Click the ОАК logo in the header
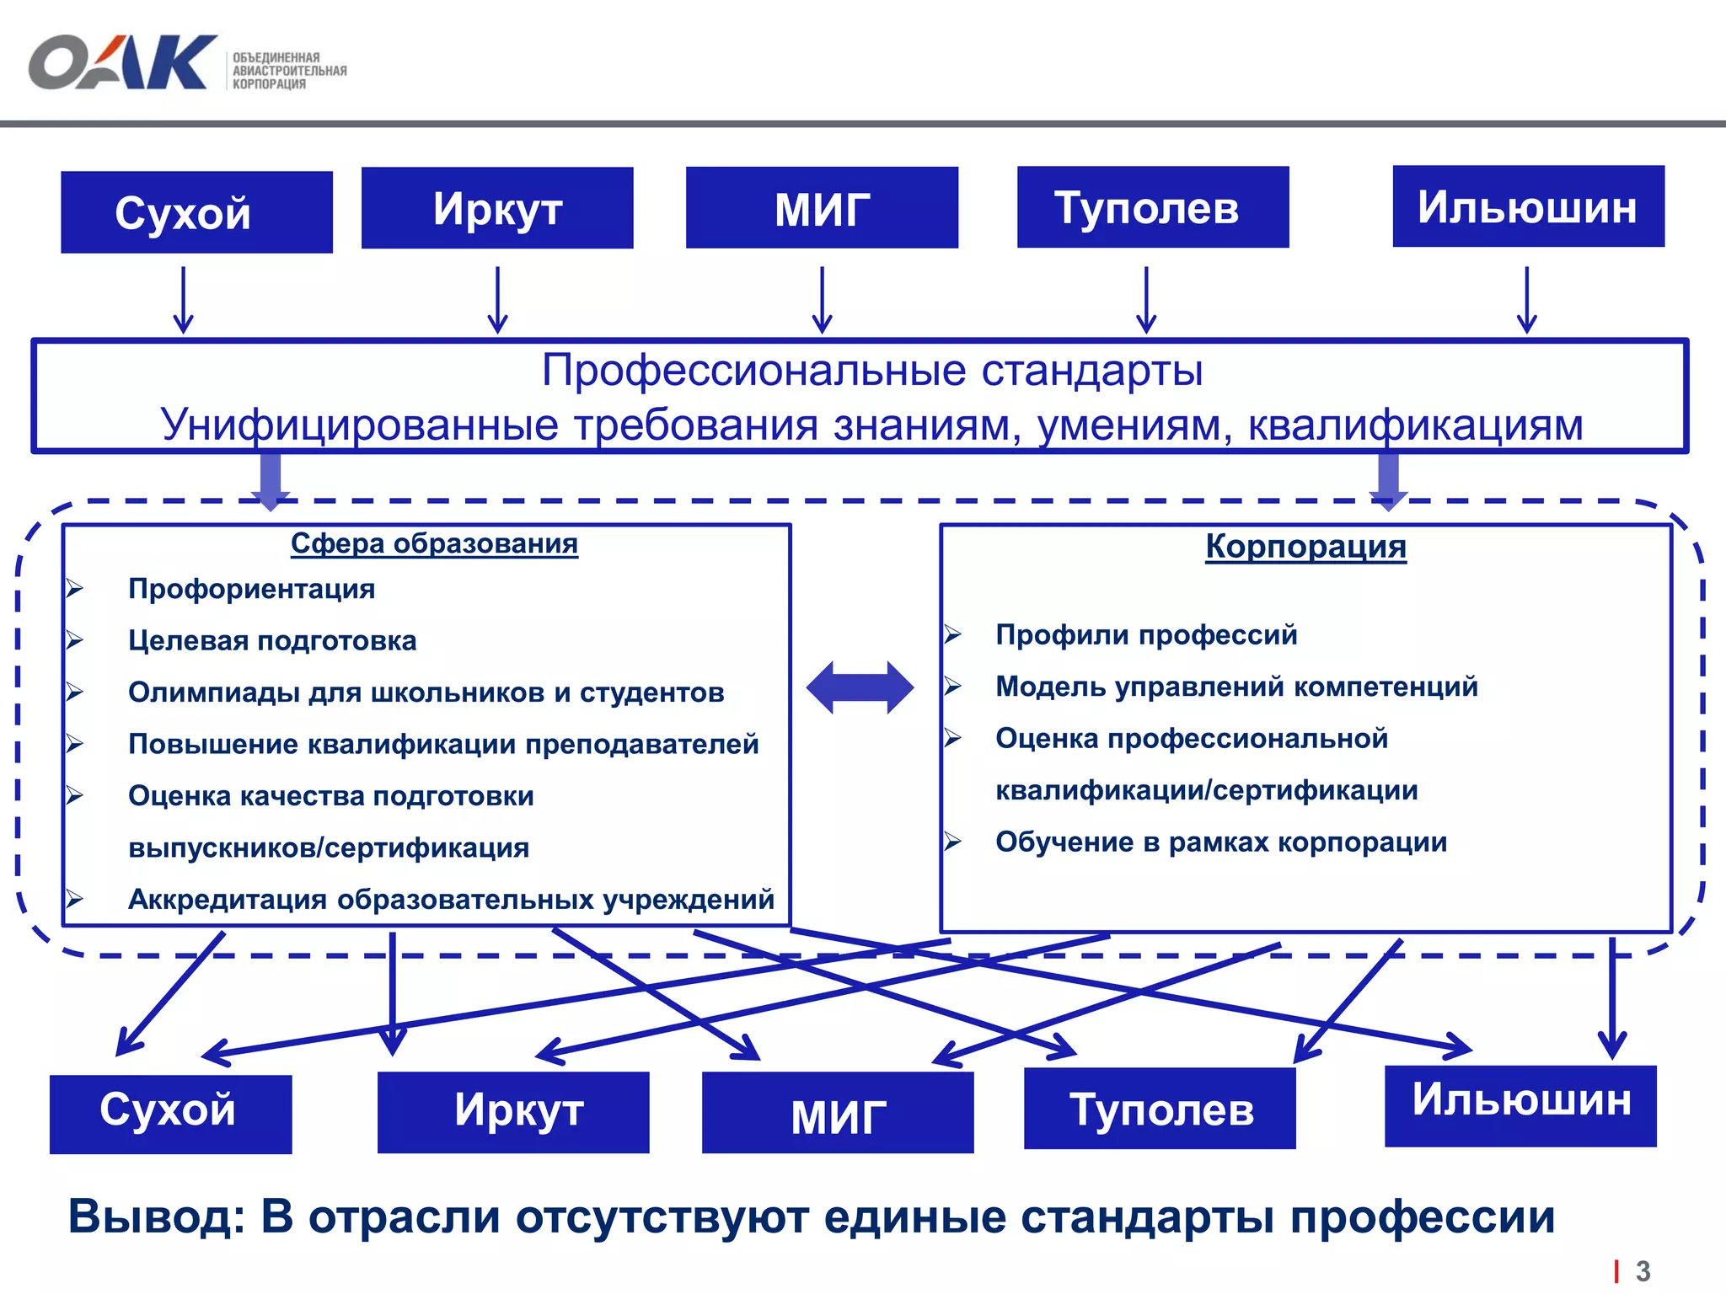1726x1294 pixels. (123, 62)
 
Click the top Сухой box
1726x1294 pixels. (196, 212)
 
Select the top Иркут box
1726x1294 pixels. (497, 208)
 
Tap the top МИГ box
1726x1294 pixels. (822, 208)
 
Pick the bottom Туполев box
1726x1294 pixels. (1160, 1109)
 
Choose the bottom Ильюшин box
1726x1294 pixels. (1520, 1106)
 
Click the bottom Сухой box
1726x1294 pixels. (171, 1114)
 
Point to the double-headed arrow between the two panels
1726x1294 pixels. (860, 687)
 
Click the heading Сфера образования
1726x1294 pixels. (434, 544)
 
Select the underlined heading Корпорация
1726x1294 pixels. (1305, 547)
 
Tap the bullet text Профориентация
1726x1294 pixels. (251, 589)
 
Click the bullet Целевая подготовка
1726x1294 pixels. (272, 641)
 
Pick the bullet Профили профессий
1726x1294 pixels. (1146, 635)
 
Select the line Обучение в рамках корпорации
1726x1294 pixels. (1221, 842)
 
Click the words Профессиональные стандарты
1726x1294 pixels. (871, 371)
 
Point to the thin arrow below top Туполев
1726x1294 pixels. (1146, 300)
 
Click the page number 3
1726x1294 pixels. (1643, 1270)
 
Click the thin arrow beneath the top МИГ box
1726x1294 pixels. (822, 300)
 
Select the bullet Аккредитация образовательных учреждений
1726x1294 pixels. (451, 900)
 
